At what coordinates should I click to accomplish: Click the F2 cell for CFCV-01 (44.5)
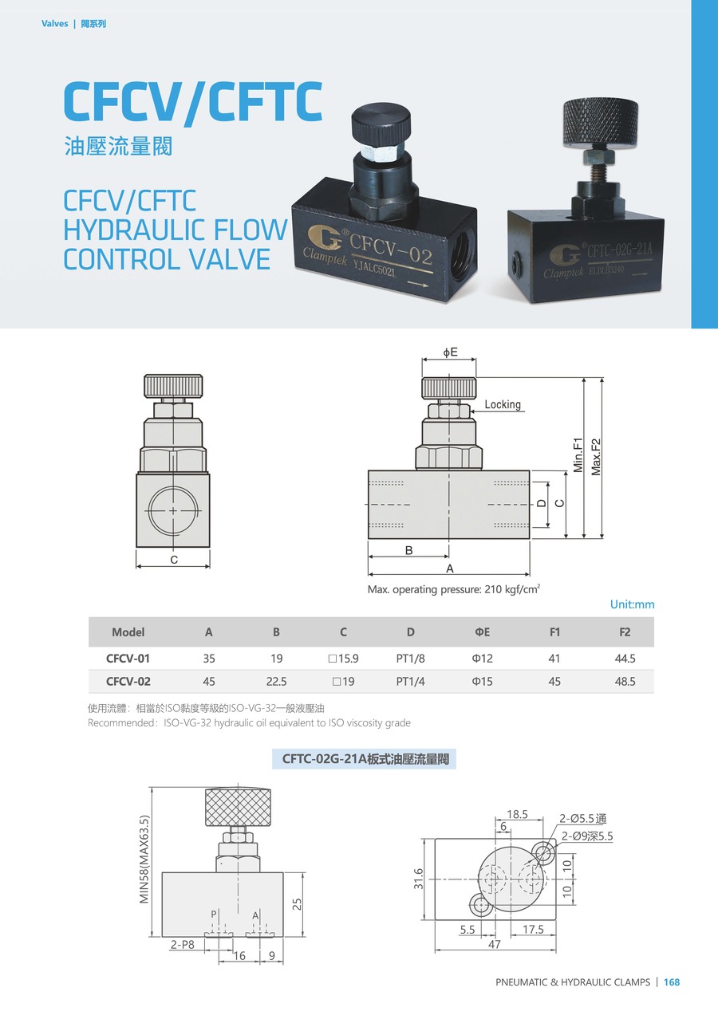625,659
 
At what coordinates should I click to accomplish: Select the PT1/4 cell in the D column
410,682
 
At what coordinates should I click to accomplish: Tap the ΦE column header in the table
482,632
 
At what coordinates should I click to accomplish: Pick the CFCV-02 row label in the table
128,682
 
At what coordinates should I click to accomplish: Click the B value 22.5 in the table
277,682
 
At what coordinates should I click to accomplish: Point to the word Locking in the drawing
503,404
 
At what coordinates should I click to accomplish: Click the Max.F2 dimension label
596,457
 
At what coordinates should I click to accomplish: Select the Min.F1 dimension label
578,455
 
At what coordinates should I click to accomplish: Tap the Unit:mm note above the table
632,604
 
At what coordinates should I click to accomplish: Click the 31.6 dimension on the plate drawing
418,878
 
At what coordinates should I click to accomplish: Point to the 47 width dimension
495,944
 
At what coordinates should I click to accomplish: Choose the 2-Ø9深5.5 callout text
587,836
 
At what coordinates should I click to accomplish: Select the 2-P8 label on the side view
182,944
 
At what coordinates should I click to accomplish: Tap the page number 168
672,982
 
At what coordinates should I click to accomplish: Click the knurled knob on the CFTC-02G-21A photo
601,123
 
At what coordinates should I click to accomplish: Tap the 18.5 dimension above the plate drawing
517,814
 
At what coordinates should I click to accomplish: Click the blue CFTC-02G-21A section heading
364,759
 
